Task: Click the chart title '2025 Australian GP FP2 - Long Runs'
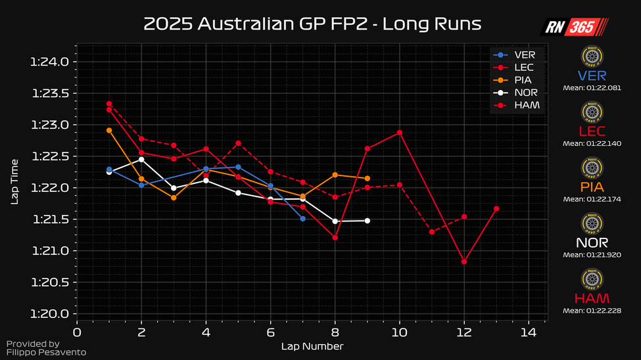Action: pos(312,24)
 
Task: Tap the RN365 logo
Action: pos(574,27)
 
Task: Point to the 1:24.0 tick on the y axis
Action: pos(50,62)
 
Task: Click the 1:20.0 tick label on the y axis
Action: pos(50,314)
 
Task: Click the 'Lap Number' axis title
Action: pos(312,346)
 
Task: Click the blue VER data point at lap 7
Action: pos(302,218)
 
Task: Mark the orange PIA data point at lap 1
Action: pos(109,130)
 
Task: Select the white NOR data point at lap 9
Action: pos(367,221)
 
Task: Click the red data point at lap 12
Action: pos(464,261)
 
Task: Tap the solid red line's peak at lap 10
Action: pos(399,133)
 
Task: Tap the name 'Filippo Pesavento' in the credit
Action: pos(45,353)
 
